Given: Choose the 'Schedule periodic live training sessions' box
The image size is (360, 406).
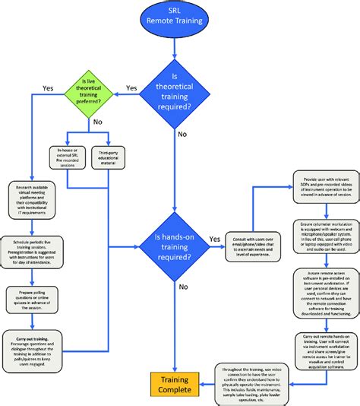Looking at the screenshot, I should tap(35, 254).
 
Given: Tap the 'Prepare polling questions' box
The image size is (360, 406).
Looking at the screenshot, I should tap(35, 300).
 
